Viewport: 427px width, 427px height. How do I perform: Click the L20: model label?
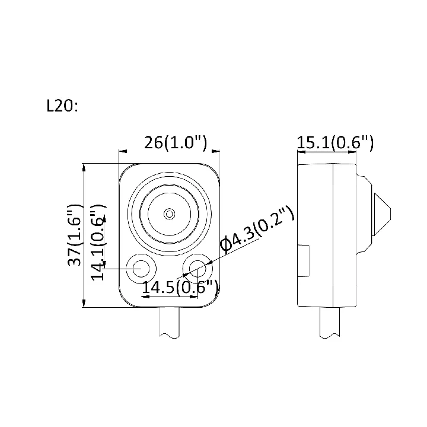[62, 106]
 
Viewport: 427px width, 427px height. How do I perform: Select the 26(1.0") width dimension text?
[176, 142]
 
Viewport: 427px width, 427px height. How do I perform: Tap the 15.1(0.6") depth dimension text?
[335, 142]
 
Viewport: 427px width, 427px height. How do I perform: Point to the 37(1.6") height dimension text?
[74, 235]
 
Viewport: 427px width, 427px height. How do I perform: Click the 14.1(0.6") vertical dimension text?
[98, 243]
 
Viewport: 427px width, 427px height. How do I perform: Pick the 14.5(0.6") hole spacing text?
[180, 287]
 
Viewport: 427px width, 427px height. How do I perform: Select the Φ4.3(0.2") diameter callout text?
[257, 228]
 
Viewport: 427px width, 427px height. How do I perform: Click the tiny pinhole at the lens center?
[169, 214]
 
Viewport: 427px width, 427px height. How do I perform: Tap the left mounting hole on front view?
[141, 269]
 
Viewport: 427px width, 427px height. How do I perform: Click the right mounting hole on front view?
[197, 269]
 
